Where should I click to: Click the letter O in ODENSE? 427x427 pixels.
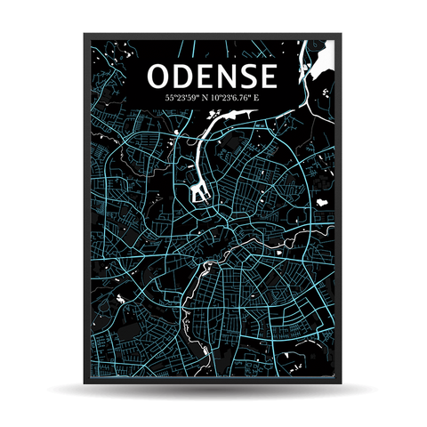[x=161, y=77]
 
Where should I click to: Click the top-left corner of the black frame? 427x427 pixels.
[x=85, y=35]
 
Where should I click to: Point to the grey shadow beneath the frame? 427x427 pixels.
[x=213, y=392]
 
